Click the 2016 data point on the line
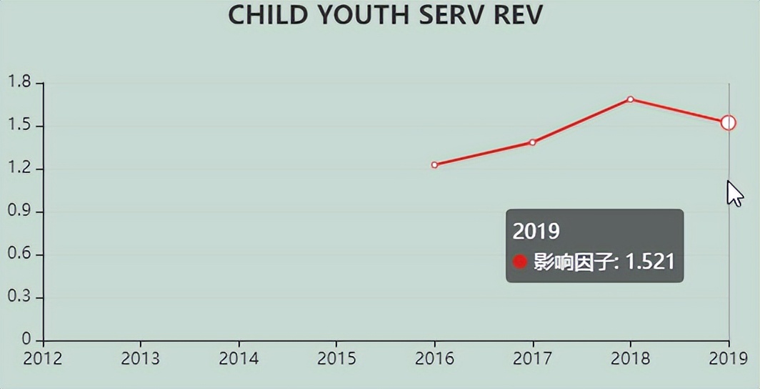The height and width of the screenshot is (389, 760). coord(434,165)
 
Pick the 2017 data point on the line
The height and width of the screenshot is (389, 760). coord(533,142)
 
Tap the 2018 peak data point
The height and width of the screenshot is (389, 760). coord(630,99)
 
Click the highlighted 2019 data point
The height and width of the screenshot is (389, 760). coord(729,123)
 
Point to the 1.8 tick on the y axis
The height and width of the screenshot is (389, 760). coord(20,83)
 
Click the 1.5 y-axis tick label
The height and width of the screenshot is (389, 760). coord(20,126)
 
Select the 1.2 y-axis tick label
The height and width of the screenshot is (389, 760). coord(20,169)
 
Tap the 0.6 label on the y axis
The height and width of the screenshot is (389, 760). coord(20,255)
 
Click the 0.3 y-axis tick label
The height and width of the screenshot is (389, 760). coord(20,297)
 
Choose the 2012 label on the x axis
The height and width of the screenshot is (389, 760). coord(43,358)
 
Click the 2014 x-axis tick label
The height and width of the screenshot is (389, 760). coord(239,358)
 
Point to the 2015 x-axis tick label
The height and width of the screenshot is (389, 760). coord(336,358)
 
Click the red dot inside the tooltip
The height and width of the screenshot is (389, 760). coord(520,262)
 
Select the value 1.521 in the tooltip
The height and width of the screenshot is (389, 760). coord(650,262)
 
